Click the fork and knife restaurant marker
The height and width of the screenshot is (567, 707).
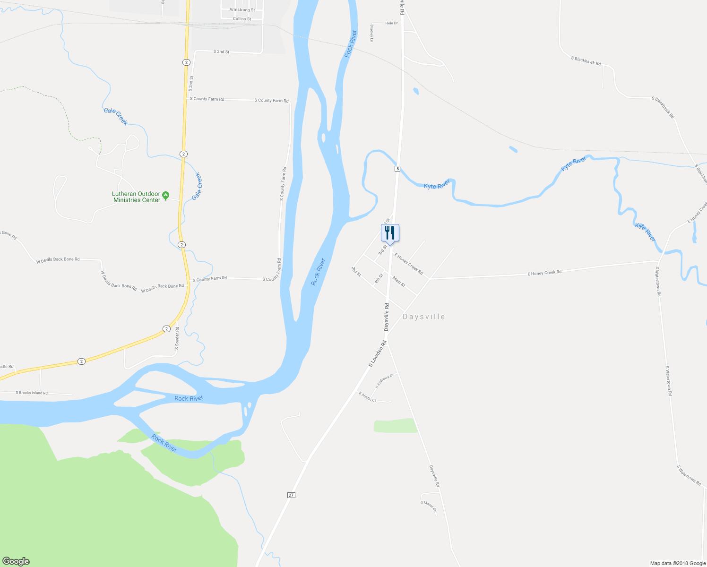(x=390, y=232)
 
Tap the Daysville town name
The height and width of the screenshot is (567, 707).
(x=423, y=317)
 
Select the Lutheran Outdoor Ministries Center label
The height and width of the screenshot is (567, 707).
(x=137, y=197)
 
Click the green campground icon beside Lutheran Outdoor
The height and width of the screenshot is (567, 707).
(x=165, y=195)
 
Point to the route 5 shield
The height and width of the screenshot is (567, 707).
(x=397, y=169)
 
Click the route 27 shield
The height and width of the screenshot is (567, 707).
(x=291, y=495)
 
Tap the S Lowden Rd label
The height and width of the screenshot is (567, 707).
(x=378, y=353)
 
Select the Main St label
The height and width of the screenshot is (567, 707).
(x=399, y=282)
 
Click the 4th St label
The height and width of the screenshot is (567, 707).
(x=379, y=279)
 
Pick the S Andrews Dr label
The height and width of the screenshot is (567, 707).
(x=384, y=381)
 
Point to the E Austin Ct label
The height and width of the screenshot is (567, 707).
(x=367, y=397)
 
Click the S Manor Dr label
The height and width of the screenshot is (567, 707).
(x=428, y=506)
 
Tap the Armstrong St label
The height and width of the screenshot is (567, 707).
(x=242, y=10)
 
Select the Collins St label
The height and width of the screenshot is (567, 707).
(x=242, y=19)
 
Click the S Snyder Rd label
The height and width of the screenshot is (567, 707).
(x=177, y=338)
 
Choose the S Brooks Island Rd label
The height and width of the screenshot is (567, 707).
(x=32, y=393)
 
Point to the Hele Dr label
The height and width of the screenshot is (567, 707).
(x=392, y=23)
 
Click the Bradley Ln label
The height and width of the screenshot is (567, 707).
(x=372, y=33)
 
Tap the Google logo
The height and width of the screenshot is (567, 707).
(x=16, y=561)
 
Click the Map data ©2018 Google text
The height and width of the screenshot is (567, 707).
(x=678, y=563)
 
